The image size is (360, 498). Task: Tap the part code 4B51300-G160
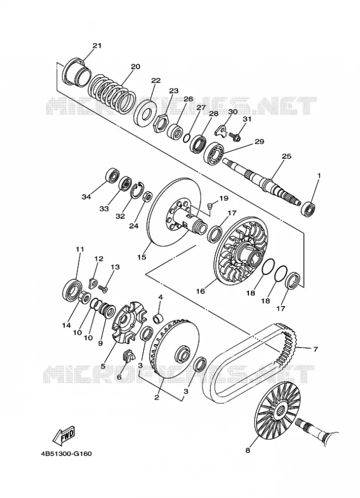coord(66,453)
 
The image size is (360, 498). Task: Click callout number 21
coord(97,45)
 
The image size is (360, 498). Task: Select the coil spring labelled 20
coord(112,94)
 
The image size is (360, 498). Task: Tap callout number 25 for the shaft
coord(286,156)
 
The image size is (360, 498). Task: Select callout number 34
coord(86,197)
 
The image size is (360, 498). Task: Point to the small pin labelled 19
coord(209,207)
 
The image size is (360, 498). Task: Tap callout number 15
coord(142,257)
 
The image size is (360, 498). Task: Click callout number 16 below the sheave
coord(201,290)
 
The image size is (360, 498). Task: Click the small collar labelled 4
coord(158,318)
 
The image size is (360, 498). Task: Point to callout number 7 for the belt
coord(315,349)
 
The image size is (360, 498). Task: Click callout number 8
coord(248,450)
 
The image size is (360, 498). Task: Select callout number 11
coord(80,249)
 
